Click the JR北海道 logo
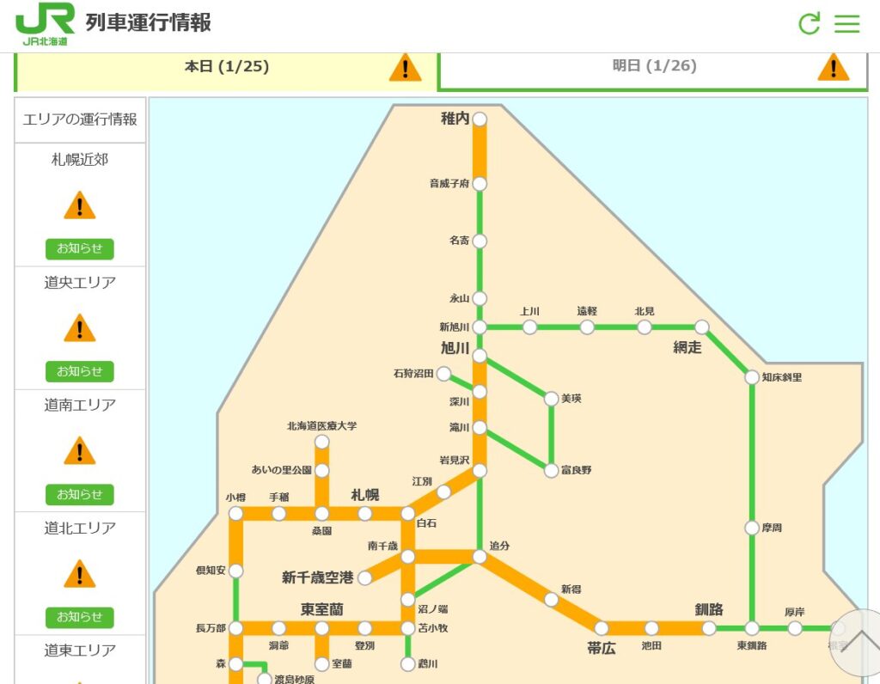pos(45,23)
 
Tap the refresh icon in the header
pos(809,23)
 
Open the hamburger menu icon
pos(847,23)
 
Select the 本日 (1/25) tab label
pos(227,66)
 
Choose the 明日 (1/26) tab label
pos(654,66)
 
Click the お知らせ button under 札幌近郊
pos(79,249)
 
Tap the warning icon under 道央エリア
pos(80,327)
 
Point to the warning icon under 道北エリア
pos(80,573)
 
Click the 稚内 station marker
pos(480,119)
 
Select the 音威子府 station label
pos(449,183)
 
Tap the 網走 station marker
pos(702,327)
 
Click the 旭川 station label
pos(455,348)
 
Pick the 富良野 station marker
pos(552,470)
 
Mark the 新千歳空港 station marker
pos(365,577)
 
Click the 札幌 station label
pos(365,495)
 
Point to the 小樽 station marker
pos(236,514)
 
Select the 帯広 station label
pos(602,648)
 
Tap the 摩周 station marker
pos(752,528)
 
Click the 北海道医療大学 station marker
pos(321,442)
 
